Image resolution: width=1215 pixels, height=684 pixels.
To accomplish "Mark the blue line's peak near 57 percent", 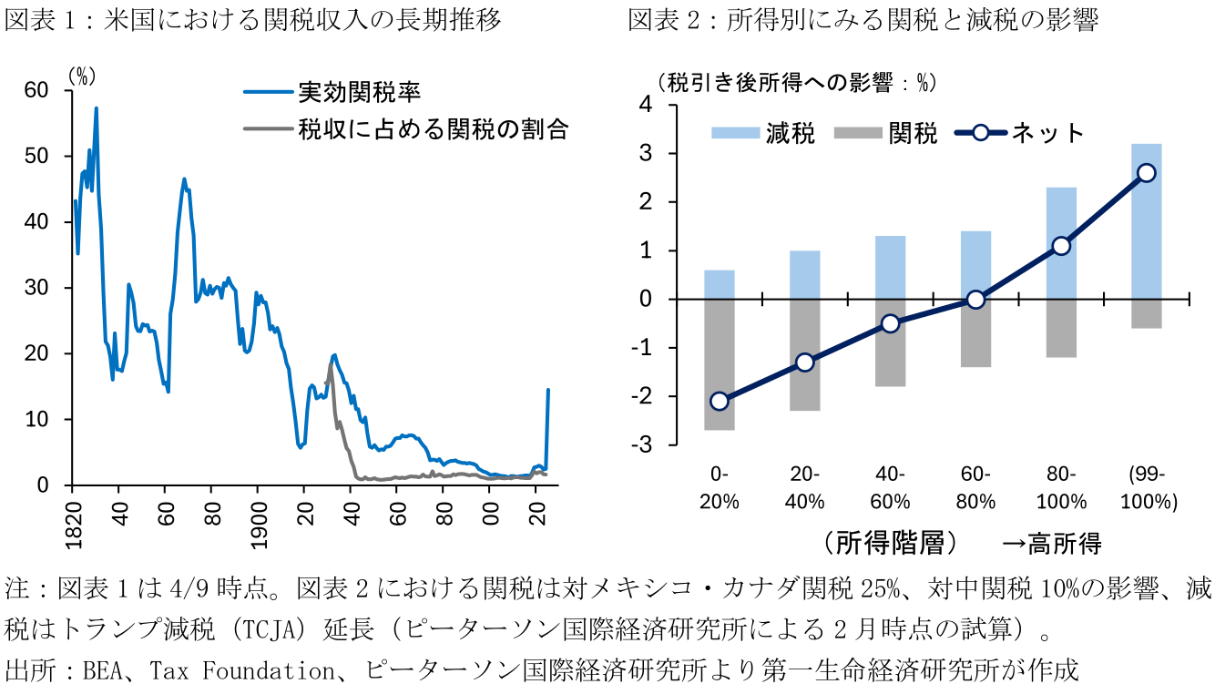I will pyautogui.click(x=96, y=108).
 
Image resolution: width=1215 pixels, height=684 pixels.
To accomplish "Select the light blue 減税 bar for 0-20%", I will pyautogui.click(x=720, y=284).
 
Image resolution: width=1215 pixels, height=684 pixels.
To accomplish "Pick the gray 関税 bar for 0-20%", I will pyautogui.click(x=720, y=364).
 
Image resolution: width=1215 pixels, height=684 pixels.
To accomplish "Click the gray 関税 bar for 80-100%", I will pyautogui.click(x=1061, y=328).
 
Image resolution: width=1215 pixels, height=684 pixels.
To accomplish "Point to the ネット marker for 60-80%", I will pyautogui.click(x=975, y=299).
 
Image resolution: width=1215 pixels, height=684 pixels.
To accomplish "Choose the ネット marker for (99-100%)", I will pyautogui.click(x=1146, y=173).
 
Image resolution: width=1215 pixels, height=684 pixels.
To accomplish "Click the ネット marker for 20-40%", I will pyautogui.click(x=804, y=362).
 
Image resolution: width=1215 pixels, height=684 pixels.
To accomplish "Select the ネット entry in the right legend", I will pyautogui.click(x=1047, y=133).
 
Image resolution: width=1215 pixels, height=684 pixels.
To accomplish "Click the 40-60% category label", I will pyautogui.click(x=890, y=487).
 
